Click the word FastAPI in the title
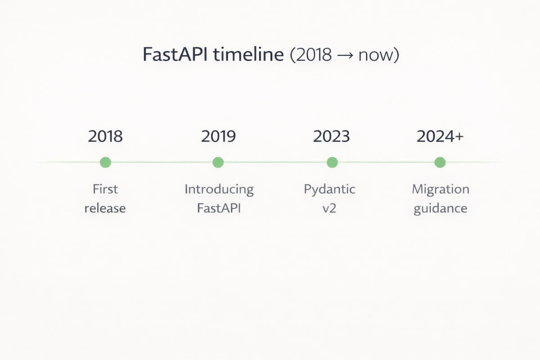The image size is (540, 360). coord(175,54)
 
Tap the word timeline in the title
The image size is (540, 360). coord(248,54)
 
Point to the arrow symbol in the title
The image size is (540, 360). coord(345,55)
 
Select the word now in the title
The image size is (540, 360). coord(376,56)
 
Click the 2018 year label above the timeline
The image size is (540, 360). coord(105,136)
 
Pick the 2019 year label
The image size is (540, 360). coord(218,136)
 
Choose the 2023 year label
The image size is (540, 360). coord(332,136)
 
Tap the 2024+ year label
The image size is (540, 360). coord(440,136)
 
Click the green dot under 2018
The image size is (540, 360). coord(105,162)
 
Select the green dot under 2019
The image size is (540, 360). coord(218,162)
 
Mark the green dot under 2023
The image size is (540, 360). coord(332,162)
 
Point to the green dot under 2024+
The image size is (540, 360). coord(440,162)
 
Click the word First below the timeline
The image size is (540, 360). coord(105,189)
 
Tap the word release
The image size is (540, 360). coord(105,208)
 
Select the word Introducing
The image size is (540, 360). coord(219,190)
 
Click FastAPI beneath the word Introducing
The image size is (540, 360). coord(219,208)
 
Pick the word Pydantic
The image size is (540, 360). coord(329,190)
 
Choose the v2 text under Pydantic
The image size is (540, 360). coord(329,208)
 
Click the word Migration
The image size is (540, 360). coord(441,190)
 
